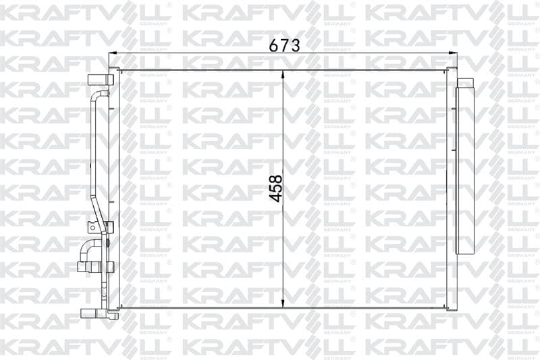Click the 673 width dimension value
point(284,45)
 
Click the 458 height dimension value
point(276,188)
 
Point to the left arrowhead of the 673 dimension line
point(113,53)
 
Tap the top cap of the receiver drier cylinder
point(465,82)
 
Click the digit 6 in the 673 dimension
point(274,45)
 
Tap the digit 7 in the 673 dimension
point(284,45)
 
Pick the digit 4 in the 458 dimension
point(276,197)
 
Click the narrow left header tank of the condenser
point(115,189)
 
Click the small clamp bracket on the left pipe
point(108,228)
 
